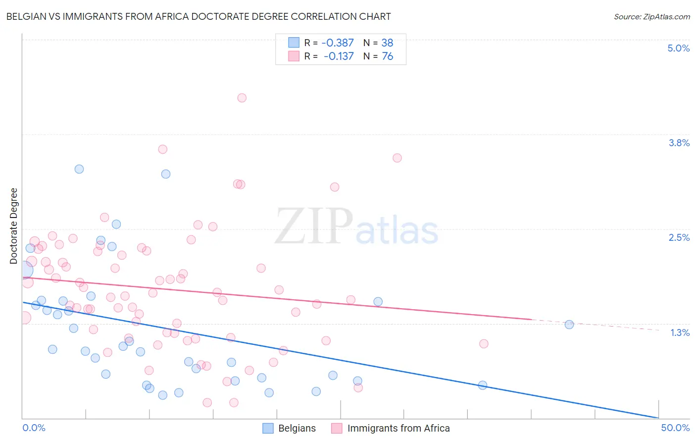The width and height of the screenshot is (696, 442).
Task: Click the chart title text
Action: [199, 17]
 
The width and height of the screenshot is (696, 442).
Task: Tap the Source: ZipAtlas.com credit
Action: [651, 17]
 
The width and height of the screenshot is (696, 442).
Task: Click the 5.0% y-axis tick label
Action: [678, 48]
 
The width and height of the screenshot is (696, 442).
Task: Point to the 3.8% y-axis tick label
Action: [679, 143]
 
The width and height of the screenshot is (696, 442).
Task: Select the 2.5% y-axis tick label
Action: [679, 237]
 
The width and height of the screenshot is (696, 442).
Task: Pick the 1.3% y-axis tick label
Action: [680, 332]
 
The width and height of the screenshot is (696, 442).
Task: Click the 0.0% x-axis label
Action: [34, 428]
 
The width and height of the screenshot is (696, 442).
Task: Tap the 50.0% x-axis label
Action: [675, 428]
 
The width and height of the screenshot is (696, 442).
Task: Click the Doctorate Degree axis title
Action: [14, 226]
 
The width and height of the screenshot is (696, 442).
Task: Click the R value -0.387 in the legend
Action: [338, 43]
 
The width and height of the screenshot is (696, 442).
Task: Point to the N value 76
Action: [387, 56]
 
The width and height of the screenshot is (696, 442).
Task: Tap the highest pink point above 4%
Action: [242, 98]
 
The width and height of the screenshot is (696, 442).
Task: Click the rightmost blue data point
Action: [569, 325]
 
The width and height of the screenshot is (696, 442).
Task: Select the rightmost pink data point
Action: [484, 343]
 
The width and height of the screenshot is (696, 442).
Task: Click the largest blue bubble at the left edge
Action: [24, 270]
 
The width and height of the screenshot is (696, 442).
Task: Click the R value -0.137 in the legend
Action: [339, 56]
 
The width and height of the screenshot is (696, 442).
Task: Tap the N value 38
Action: [387, 43]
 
